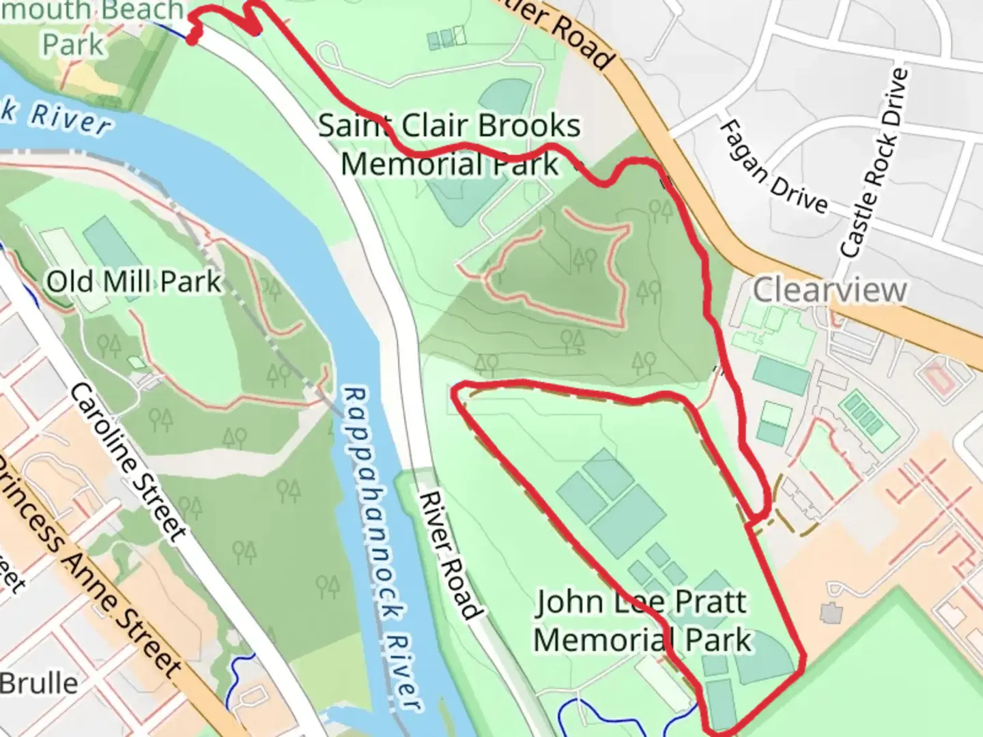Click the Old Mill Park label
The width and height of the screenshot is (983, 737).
point(134,281)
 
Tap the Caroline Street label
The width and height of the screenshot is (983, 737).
point(128,462)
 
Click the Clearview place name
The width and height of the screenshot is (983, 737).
point(829,290)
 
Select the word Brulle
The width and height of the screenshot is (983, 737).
point(39,683)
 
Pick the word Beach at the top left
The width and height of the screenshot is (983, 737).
point(140,10)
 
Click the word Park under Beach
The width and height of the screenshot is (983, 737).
point(73,44)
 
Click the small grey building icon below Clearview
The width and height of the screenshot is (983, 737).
point(830,612)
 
